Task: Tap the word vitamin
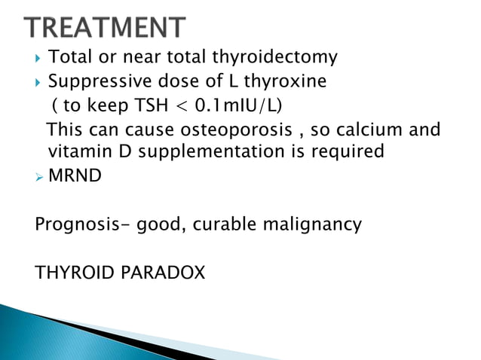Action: point(78,152)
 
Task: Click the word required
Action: point(349,152)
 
